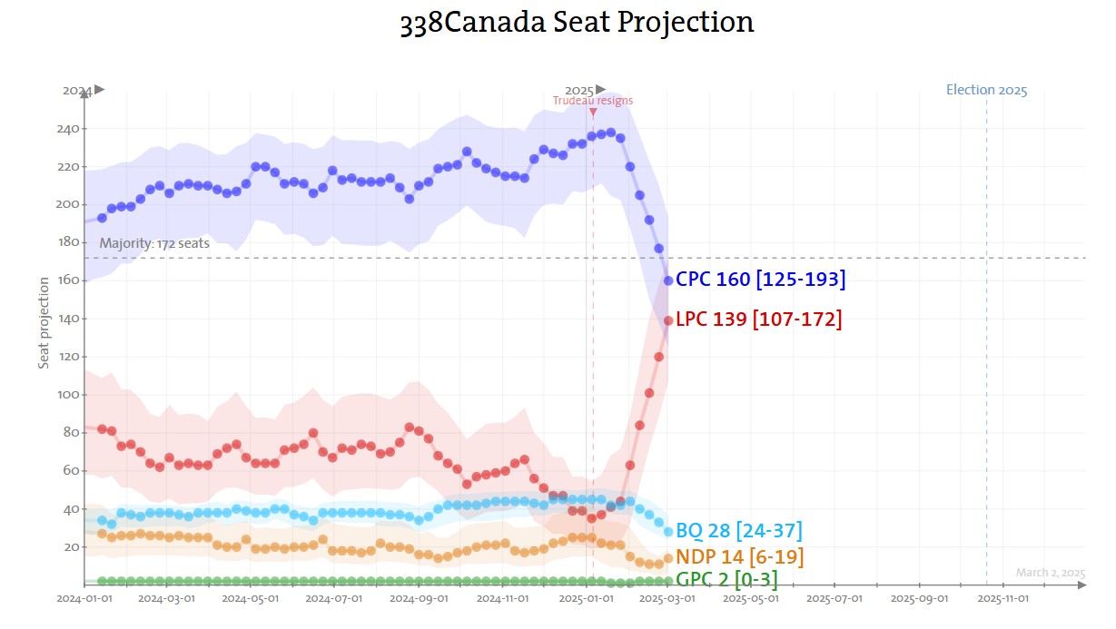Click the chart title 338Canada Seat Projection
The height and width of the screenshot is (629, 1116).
577,22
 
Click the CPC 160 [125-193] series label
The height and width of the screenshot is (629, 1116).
760,280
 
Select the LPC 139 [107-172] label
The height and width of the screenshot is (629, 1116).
758,319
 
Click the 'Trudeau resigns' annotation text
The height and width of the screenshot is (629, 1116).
593,101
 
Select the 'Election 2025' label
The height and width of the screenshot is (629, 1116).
986,90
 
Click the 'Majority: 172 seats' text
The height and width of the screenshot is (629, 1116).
154,243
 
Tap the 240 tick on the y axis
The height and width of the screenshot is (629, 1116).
67,129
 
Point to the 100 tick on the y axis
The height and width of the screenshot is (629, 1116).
67,395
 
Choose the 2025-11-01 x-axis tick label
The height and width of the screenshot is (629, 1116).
1002,599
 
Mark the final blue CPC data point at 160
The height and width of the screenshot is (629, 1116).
668,280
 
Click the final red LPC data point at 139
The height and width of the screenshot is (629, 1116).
668,320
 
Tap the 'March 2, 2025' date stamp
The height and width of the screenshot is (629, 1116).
1050,573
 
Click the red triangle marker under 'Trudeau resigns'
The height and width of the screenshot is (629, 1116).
593,113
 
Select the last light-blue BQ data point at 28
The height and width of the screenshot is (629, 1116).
668,532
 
